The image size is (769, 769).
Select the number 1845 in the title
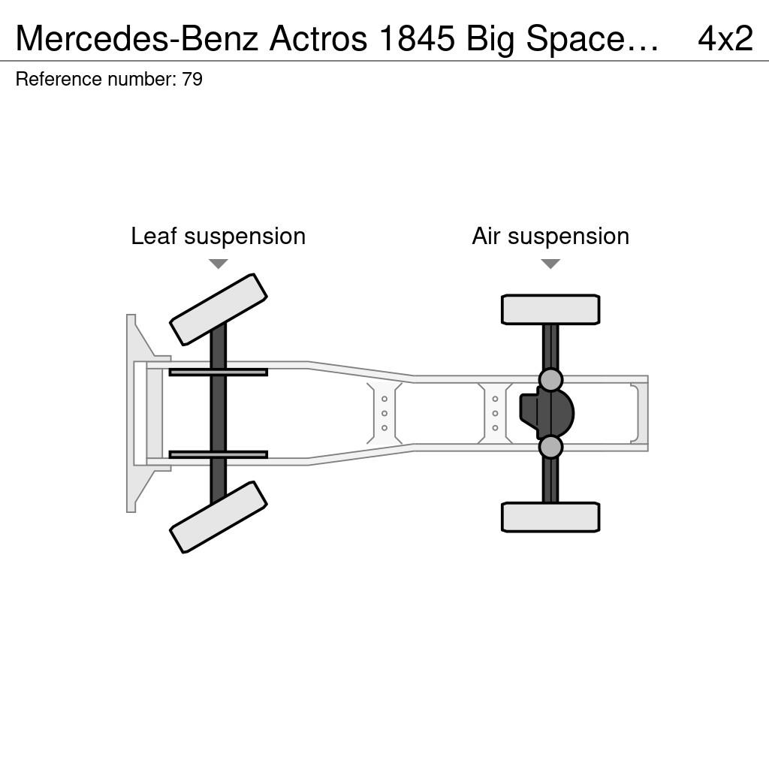[x=418, y=38]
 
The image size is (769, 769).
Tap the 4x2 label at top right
[x=725, y=38]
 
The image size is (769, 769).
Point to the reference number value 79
[x=192, y=79]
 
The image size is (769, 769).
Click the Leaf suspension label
[x=219, y=236]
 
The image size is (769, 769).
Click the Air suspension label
[x=550, y=236]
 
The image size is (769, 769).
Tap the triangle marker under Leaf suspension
[x=219, y=264]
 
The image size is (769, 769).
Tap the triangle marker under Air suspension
[x=550, y=264]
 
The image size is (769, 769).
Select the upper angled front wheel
[x=219, y=309]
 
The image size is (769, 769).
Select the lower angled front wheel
[x=219, y=517]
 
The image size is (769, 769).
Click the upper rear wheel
[x=550, y=309]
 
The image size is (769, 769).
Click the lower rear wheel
[x=550, y=517]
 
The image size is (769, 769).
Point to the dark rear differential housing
[x=547, y=413]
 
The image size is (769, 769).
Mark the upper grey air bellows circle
[x=550, y=380]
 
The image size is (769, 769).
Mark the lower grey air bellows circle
[x=550, y=447]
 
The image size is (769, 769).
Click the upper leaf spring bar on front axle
[x=219, y=372]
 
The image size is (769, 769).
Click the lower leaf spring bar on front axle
[x=219, y=454]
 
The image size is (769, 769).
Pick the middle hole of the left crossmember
[x=384, y=414]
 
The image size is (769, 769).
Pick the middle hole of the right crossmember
[x=495, y=414]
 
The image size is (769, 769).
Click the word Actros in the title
[x=318, y=38]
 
